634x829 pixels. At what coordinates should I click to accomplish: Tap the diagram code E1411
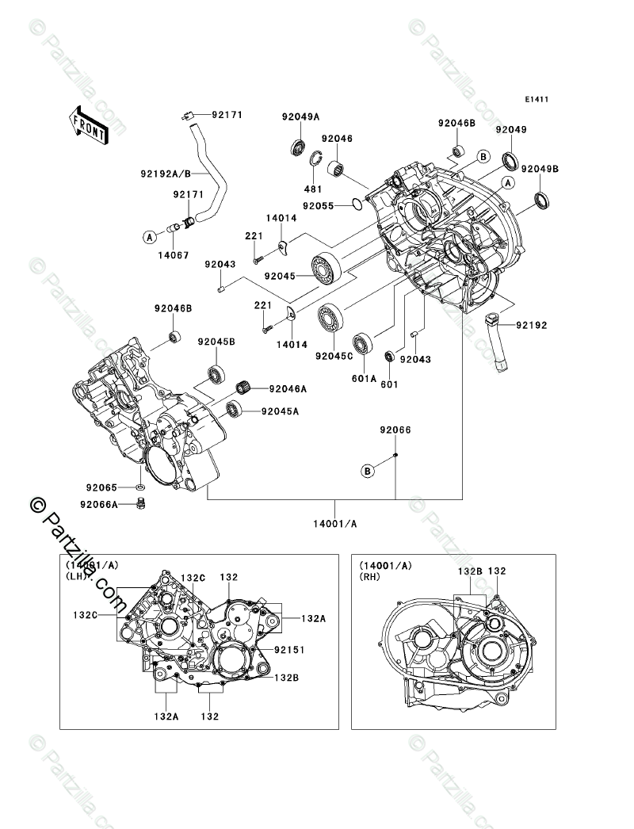[537, 99]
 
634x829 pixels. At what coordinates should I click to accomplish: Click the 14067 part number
[173, 255]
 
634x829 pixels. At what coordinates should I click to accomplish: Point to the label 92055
[319, 205]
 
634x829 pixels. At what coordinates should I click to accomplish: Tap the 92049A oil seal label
[300, 117]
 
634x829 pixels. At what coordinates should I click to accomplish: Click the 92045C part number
[334, 356]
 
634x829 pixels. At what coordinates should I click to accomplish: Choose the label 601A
[365, 378]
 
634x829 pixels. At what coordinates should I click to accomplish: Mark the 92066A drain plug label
[99, 504]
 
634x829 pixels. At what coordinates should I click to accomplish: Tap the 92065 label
[102, 487]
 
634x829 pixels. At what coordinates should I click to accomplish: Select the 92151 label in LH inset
[289, 649]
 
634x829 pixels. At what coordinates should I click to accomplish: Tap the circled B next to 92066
[368, 470]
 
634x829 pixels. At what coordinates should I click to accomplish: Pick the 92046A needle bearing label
[288, 388]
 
